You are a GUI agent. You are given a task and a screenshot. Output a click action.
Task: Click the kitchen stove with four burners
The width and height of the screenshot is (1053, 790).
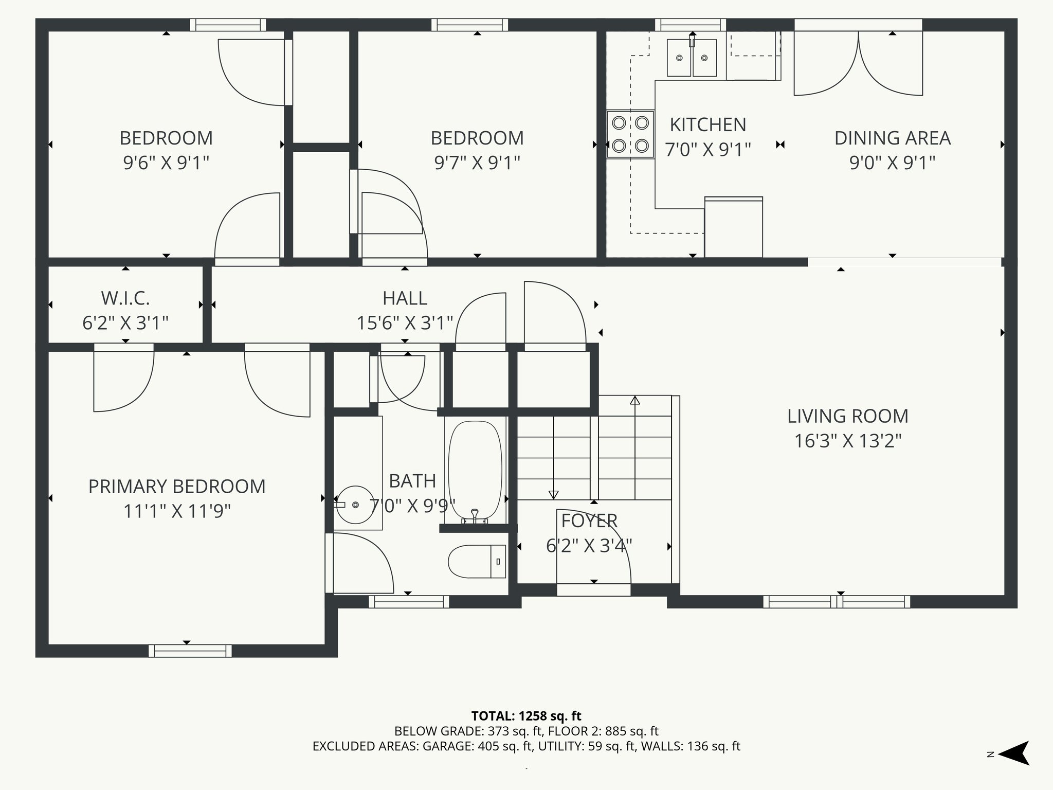630,135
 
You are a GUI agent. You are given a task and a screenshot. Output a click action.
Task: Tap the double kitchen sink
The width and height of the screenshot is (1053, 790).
692,58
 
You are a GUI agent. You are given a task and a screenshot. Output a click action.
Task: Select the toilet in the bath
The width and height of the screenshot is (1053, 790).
477,561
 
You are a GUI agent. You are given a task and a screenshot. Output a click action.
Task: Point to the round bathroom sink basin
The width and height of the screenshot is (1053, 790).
355,505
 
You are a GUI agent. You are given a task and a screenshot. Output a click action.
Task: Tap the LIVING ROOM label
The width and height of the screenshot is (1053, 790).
848,416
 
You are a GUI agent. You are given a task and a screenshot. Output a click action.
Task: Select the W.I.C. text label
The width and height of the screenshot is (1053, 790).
125,298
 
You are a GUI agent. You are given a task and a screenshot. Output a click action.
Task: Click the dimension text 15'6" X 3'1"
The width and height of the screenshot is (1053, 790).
405,323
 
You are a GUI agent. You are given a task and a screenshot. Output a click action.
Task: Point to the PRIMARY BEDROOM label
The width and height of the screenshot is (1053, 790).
177,487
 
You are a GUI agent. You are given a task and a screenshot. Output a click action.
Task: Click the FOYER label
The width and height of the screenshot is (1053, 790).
589,521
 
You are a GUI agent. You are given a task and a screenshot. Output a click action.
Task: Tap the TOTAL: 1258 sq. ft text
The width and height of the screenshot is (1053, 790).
526,716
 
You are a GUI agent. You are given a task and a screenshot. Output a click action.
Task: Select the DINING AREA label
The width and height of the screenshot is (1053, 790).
892,138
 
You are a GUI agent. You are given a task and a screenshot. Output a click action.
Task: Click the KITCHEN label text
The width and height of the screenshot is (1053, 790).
708,125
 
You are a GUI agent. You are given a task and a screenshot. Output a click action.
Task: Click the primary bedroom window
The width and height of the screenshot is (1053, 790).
190,651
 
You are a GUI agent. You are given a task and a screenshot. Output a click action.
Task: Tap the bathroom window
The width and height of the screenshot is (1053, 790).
409,601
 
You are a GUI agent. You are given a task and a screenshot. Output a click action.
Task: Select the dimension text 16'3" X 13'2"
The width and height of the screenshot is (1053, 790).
848,441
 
